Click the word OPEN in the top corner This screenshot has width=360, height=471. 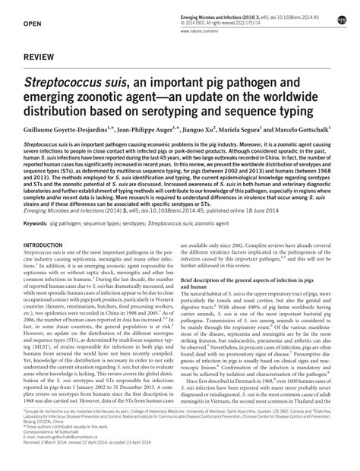[32, 25]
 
